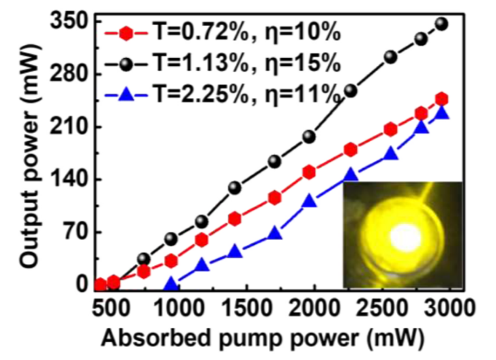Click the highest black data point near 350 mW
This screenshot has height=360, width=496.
[x=441, y=24]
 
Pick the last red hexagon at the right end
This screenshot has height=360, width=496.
[x=441, y=99]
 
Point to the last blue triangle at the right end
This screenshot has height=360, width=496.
[x=441, y=112]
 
